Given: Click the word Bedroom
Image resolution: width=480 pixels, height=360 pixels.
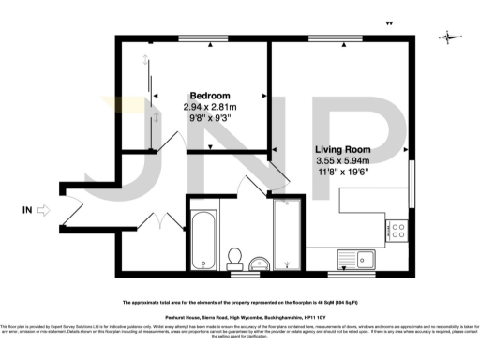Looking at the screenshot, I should [x=210, y=97].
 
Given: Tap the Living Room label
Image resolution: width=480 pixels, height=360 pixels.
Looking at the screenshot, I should [x=341, y=149].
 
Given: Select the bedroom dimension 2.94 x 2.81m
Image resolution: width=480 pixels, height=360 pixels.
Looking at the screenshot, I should [x=210, y=108].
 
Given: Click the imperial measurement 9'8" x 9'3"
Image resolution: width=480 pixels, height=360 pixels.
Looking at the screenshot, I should [x=210, y=119].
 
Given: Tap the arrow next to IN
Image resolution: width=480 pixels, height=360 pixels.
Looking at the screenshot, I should [x=42, y=211].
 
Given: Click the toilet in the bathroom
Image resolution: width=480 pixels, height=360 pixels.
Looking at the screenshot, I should [x=235, y=255].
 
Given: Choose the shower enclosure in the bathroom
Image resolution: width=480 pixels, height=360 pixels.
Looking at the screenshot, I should [x=286, y=234].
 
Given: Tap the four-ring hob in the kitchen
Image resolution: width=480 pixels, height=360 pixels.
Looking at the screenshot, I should [x=397, y=229].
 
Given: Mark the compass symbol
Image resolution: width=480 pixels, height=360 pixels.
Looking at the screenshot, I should [x=450, y=37].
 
